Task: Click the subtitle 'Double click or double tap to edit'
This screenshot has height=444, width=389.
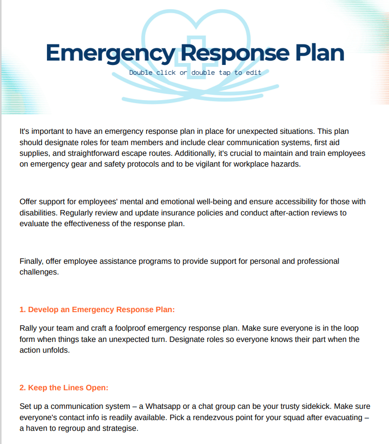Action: point(195,73)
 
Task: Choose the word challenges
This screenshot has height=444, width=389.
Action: point(39,272)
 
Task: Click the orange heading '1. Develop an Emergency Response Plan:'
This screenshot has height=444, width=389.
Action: point(97,310)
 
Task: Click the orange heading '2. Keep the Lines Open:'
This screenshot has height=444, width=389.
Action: point(64,388)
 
